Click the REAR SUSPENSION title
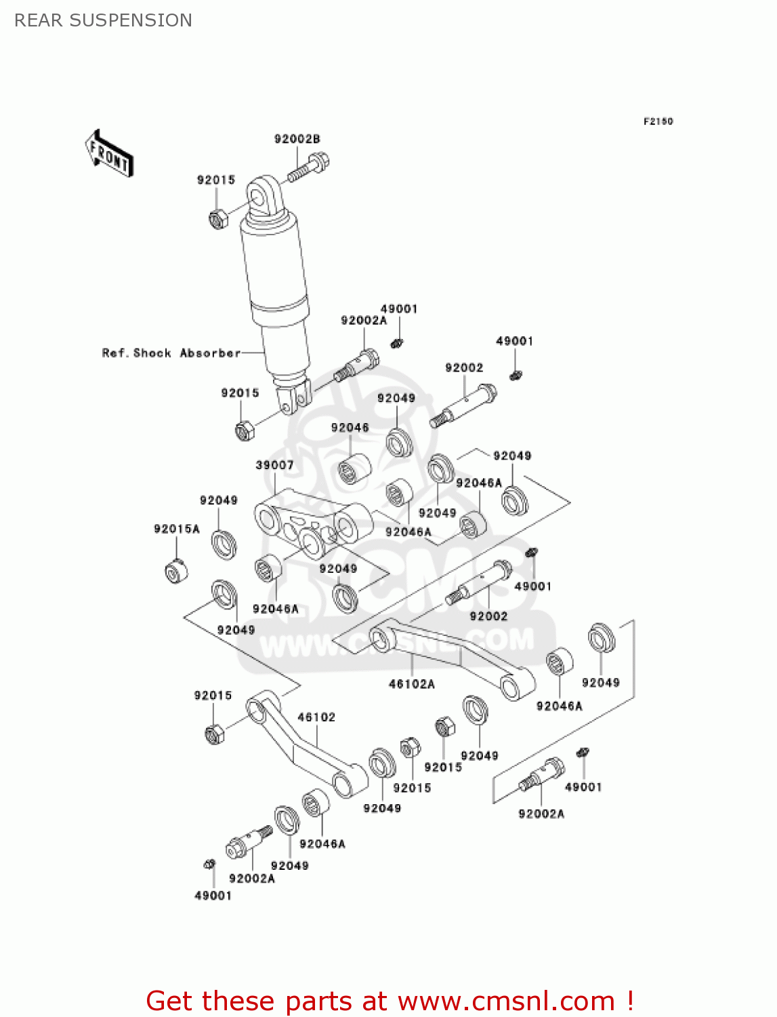[x=103, y=20]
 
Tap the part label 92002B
[x=297, y=139]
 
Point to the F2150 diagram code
[x=658, y=121]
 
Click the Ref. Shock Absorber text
[x=171, y=353]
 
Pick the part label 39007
[x=274, y=465]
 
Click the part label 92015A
[x=177, y=529]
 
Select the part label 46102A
[x=412, y=684]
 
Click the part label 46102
[x=316, y=717]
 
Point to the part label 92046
[x=350, y=428]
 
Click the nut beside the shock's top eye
[x=217, y=219]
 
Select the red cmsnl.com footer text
[x=390, y=1001]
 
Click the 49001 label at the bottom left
[x=213, y=896]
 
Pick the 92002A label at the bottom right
[x=541, y=814]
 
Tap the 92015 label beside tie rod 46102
[x=213, y=696]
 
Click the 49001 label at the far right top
[x=514, y=341]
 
